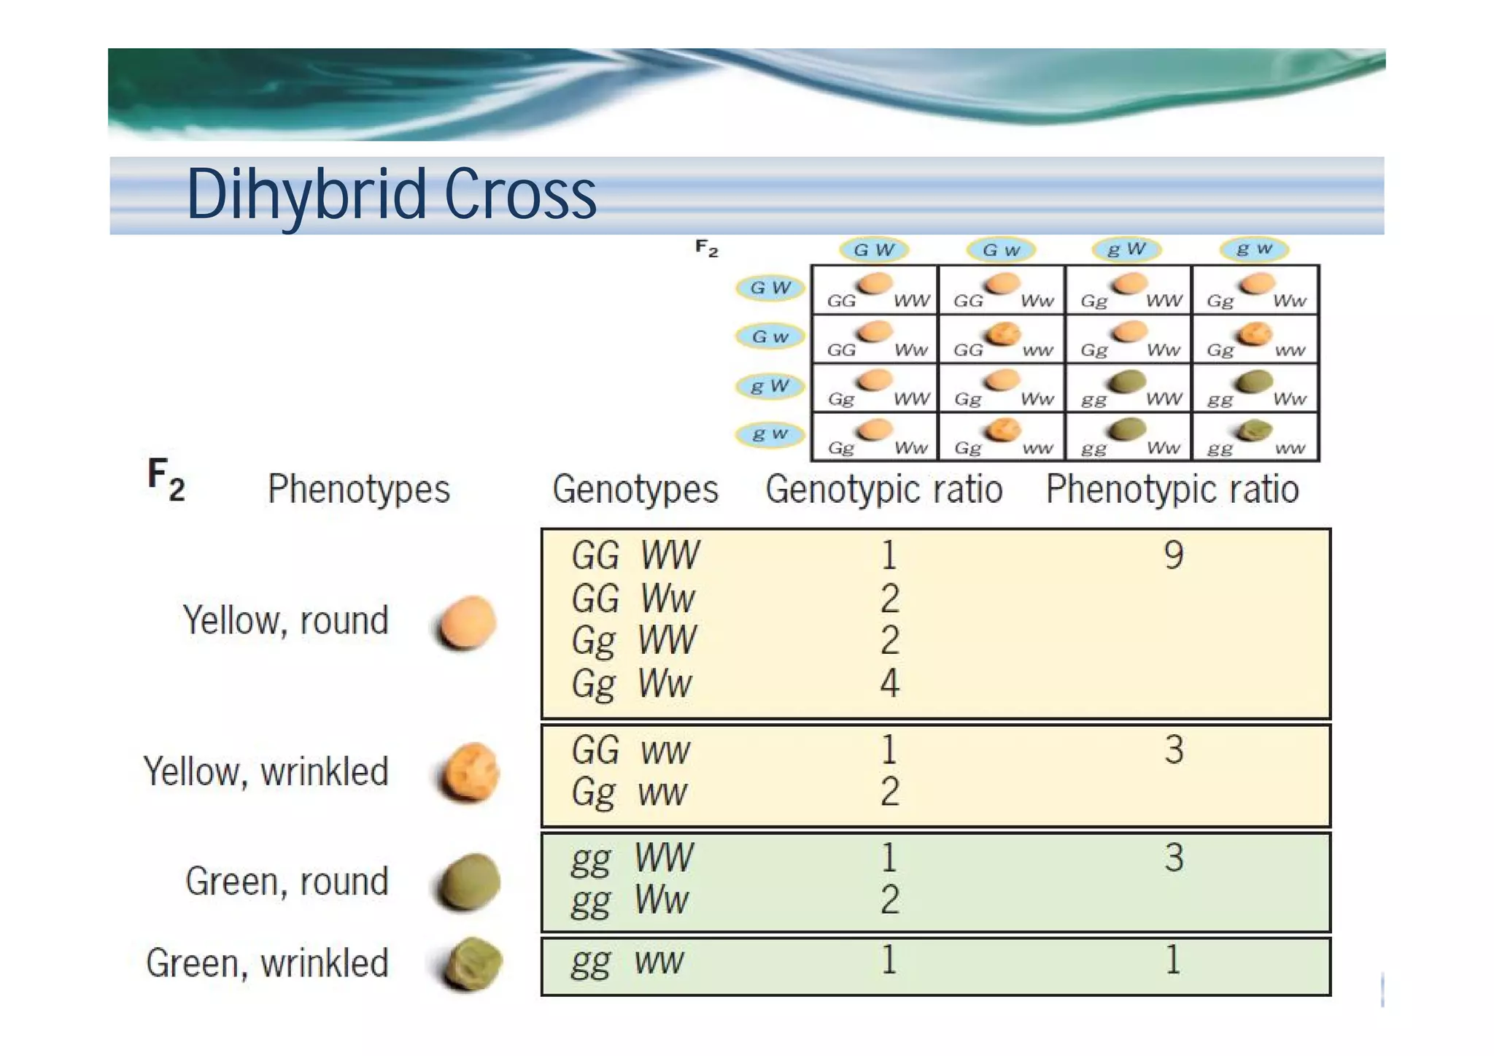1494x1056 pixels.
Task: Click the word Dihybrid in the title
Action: tap(307, 194)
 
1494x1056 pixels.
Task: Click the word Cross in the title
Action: tap(520, 194)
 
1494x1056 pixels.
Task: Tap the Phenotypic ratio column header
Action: tap(1172, 489)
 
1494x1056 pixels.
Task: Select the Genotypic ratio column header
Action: tap(883, 489)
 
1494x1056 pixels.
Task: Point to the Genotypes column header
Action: tap(635, 489)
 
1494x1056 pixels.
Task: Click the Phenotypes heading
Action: tap(358, 489)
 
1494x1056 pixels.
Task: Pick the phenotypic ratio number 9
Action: tap(1173, 555)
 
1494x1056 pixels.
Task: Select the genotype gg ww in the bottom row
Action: tap(627, 961)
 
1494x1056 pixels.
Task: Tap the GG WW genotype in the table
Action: tap(635, 555)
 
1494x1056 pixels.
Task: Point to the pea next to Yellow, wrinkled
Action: tap(470, 772)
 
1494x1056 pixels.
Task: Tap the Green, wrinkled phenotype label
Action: tap(267, 963)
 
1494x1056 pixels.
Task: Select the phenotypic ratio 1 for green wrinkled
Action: tap(1172, 960)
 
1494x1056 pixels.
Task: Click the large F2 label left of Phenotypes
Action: tap(166, 479)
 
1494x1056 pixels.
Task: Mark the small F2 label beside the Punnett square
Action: tap(706, 249)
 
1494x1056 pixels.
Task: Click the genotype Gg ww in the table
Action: tap(629, 793)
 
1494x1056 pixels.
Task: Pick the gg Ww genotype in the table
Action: tap(629, 901)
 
